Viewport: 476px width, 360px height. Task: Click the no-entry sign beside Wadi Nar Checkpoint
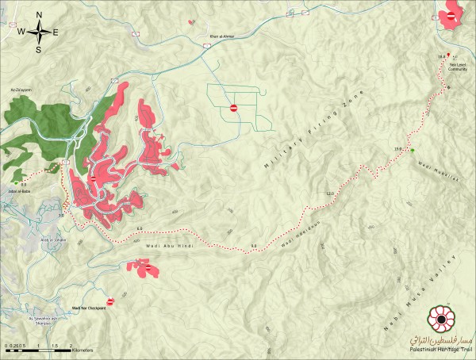tap(111, 301)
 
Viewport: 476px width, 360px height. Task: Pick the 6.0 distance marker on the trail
tap(140, 230)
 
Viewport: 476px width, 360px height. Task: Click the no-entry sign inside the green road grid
tap(233, 107)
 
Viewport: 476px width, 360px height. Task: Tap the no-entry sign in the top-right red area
tap(451, 15)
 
